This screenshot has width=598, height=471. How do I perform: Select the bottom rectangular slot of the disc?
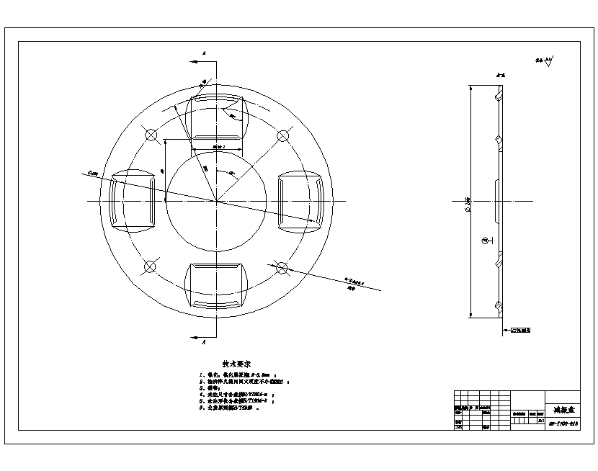click(x=216, y=286)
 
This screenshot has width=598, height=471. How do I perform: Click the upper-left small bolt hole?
click(x=150, y=135)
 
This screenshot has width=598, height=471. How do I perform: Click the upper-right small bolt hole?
click(x=282, y=135)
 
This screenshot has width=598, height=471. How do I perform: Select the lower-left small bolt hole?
click(x=150, y=267)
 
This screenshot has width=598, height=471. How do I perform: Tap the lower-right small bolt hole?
click(x=282, y=267)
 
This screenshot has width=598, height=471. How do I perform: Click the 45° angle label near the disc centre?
click(x=231, y=174)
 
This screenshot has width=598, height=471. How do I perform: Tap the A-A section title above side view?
click(x=499, y=75)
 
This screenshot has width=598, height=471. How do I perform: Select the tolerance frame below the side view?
click(x=522, y=331)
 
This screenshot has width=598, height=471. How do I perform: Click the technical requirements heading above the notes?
click(x=236, y=364)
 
